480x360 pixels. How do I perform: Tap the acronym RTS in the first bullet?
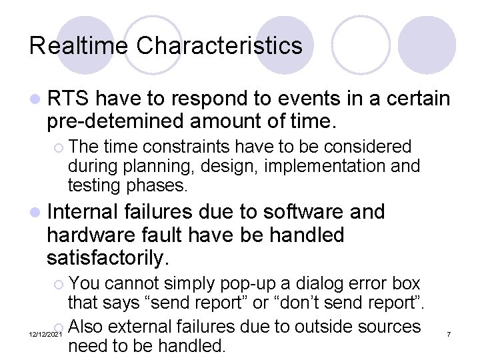(69, 99)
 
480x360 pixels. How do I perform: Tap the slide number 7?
(449, 332)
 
